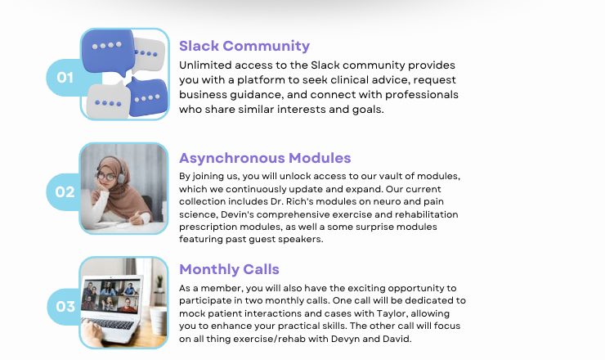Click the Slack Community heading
coord(244,46)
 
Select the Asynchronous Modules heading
coord(265,158)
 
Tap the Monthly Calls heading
coord(229,269)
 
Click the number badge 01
coord(65,78)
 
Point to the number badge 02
coord(65,192)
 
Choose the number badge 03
coord(65,307)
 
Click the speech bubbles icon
coord(124,74)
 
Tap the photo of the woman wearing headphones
coord(123,188)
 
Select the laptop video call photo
coord(123,303)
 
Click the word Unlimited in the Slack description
coord(205,65)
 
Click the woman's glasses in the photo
coord(105,177)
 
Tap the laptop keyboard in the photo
coord(111,324)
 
